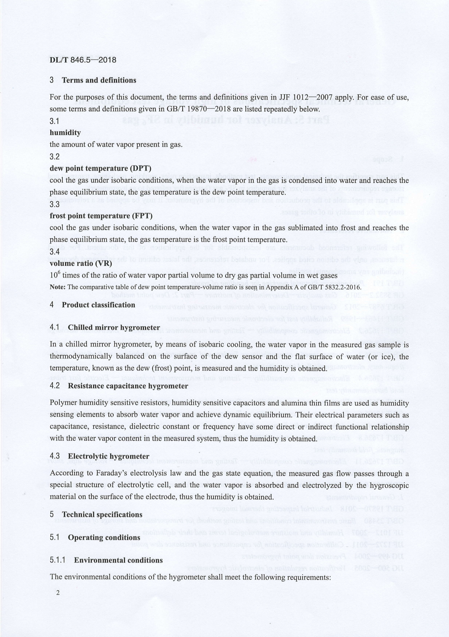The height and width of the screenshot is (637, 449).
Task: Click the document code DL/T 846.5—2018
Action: point(83,60)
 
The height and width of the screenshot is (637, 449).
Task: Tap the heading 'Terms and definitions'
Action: point(99,80)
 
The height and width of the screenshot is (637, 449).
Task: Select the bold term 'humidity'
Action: point(65,133)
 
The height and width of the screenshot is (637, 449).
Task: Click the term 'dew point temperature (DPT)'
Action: point(100,168)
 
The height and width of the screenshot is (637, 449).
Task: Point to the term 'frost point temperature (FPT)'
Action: point(101,216)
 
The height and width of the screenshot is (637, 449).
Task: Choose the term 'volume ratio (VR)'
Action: point(81,263)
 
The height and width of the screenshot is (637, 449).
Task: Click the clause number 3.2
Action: point(54,156)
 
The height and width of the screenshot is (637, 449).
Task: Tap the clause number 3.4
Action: point(54,251)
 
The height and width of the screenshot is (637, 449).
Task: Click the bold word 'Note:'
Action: point(58,287)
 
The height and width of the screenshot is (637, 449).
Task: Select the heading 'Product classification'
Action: point(98,305)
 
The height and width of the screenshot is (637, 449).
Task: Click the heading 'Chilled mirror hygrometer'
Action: point(114,327)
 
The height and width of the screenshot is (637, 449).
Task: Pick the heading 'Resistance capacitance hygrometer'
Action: point(128,386)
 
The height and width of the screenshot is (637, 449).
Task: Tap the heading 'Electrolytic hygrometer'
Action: point(108,456)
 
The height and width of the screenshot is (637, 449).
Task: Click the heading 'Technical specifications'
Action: point(102,515)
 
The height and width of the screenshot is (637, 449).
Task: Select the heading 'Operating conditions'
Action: point(104,537)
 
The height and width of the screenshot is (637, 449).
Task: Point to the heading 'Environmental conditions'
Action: point(118,560)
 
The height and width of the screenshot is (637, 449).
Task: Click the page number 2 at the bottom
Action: point(57,593)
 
